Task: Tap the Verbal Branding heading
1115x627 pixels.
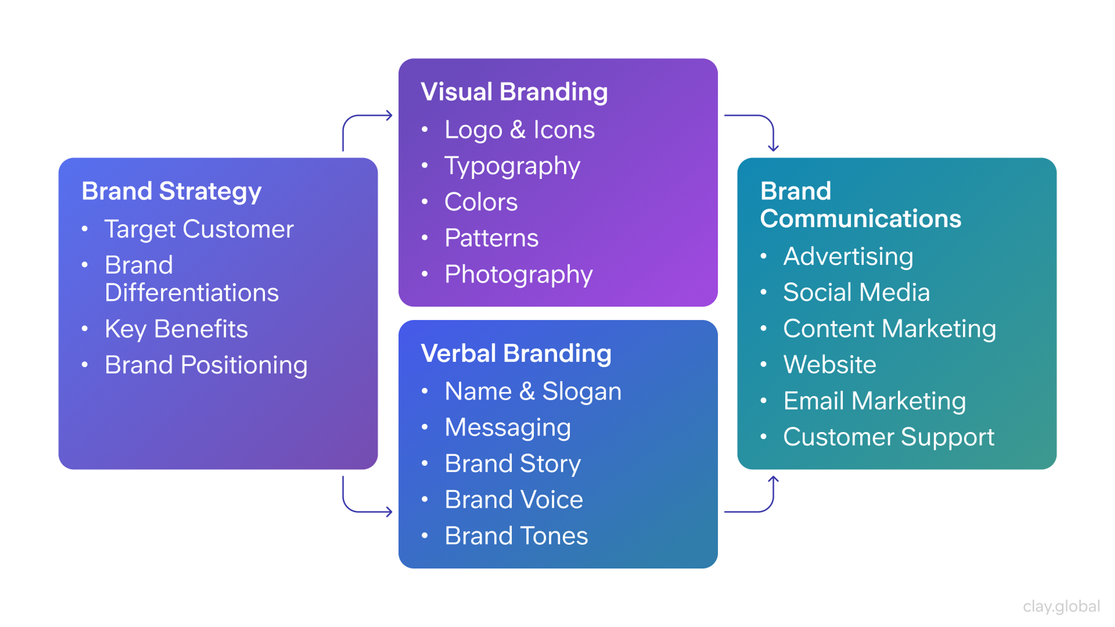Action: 516,354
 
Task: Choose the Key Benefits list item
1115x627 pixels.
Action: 176,329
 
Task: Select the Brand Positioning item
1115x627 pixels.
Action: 206,365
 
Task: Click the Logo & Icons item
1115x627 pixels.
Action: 519,129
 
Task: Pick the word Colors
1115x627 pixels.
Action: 481,202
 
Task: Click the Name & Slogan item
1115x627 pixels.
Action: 533,391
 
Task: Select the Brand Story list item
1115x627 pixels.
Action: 513,464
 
